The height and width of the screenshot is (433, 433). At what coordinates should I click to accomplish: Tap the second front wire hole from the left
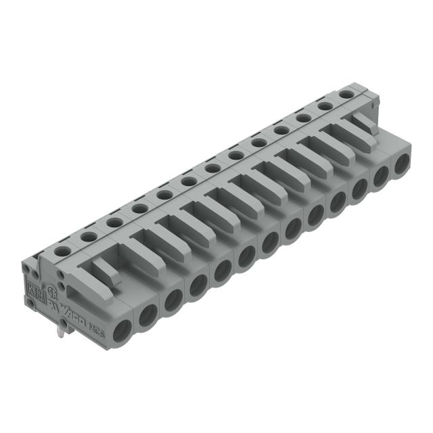[x=148, y=313]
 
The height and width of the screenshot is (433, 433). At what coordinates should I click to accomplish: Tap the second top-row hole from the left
[x=87, y=237]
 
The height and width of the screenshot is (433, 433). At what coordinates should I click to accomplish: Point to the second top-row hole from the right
[x=324, y=106]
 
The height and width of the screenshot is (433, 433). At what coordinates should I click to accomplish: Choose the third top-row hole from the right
[x=303, y=118]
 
